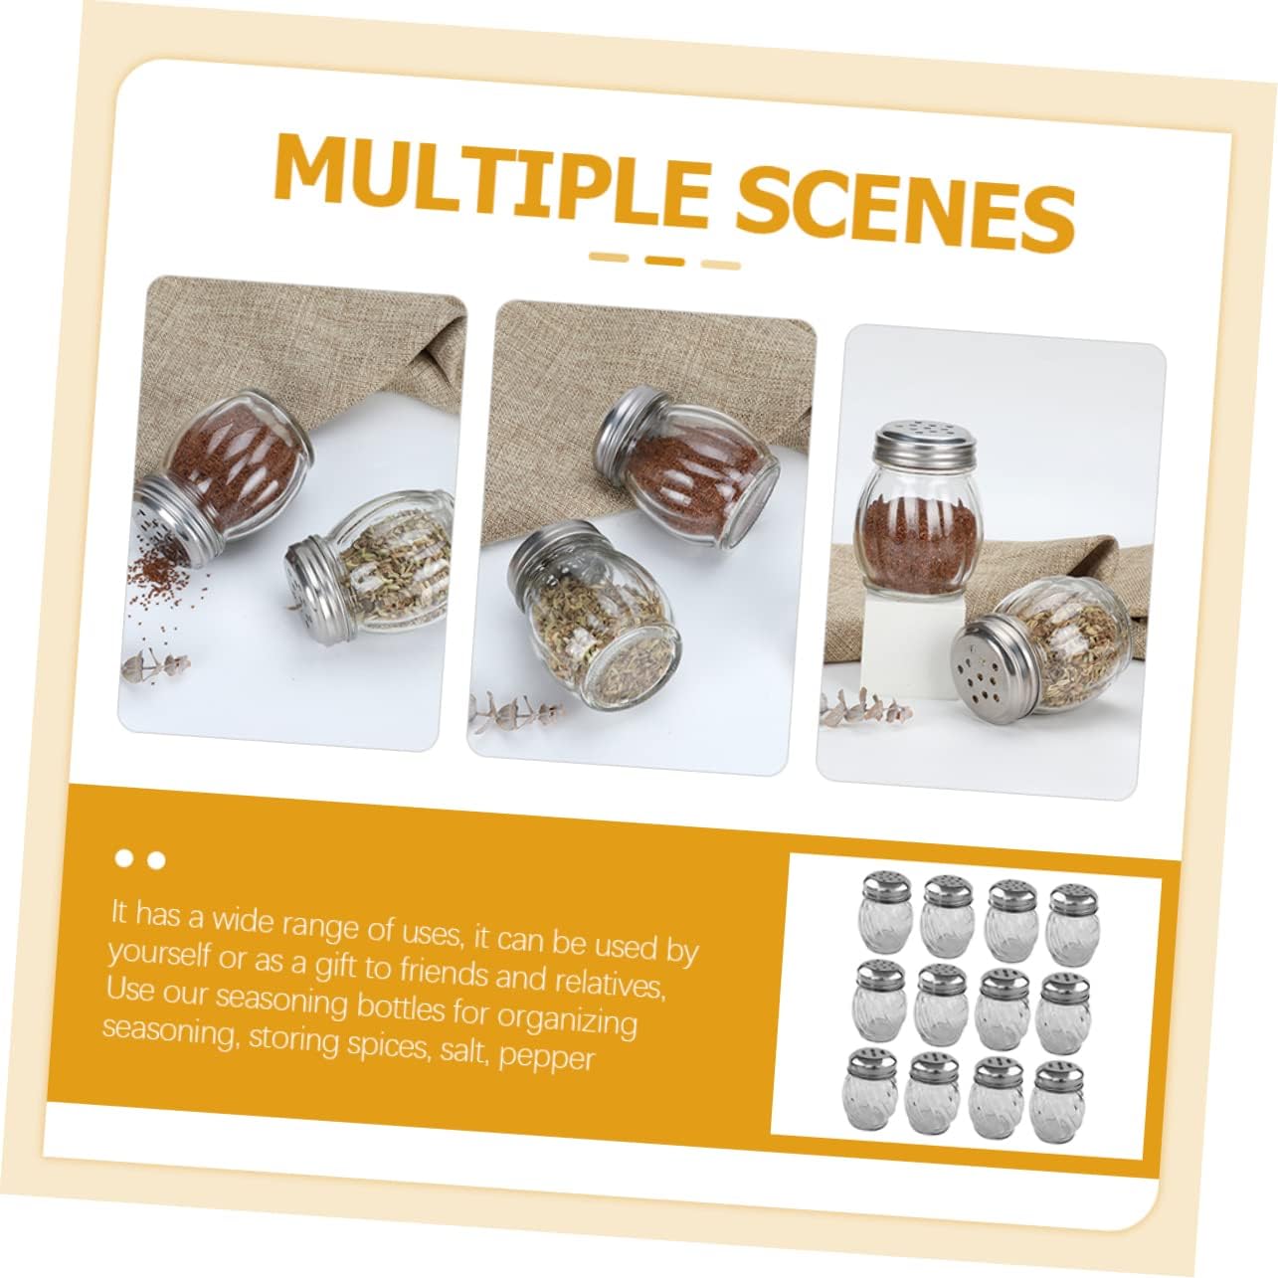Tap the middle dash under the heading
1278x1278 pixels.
(x=664, y=261)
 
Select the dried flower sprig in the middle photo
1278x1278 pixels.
(x=514, y=709)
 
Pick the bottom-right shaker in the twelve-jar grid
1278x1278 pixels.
(x=1057, y=1102)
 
